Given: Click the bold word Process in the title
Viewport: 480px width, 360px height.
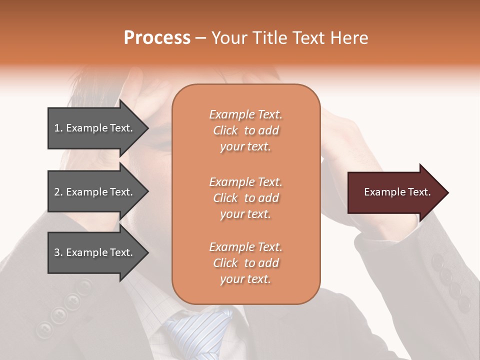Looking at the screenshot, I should click(x=157, y=38).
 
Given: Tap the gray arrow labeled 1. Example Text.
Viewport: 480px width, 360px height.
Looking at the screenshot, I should click(x=95, y=128).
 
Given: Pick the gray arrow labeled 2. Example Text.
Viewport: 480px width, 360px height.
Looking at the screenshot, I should click(x=95, y=192).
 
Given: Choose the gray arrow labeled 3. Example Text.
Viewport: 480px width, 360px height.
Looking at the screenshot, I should click(x=95, y=252).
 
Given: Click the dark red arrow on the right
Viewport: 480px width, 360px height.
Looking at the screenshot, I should click(x=395, y=192).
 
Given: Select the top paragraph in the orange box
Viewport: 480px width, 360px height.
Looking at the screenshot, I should click(x=245, y=130).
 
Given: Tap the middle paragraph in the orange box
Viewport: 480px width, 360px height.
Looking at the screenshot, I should click(x=245, y=198).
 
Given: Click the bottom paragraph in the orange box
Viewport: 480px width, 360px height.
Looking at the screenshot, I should click(x=245, y=263).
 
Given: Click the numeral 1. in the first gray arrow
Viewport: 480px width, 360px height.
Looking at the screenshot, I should click(x=58, y=128).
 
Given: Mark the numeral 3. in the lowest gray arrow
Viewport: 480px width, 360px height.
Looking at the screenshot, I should click(x=58, y=252).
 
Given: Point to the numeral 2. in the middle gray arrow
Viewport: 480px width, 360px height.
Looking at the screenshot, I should click(x=58, y=192).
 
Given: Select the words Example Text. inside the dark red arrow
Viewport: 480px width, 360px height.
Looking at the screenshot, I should click(x=397, y=192).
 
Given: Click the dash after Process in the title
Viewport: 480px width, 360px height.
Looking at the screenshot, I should click(x=201, y=38).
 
